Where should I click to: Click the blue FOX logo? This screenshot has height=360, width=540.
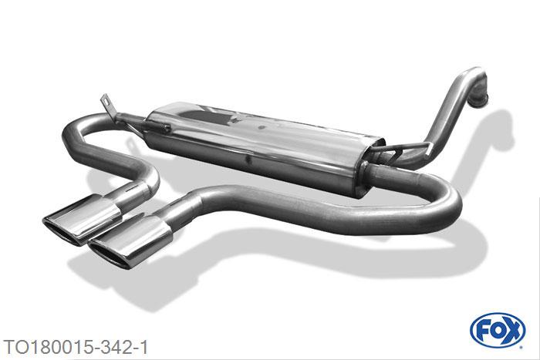click(498, 331)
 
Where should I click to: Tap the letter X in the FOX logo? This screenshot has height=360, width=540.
click(512, 331)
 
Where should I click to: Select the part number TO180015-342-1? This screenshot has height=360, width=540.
click(76, 347)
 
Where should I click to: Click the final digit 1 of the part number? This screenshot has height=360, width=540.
click(144, 347)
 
